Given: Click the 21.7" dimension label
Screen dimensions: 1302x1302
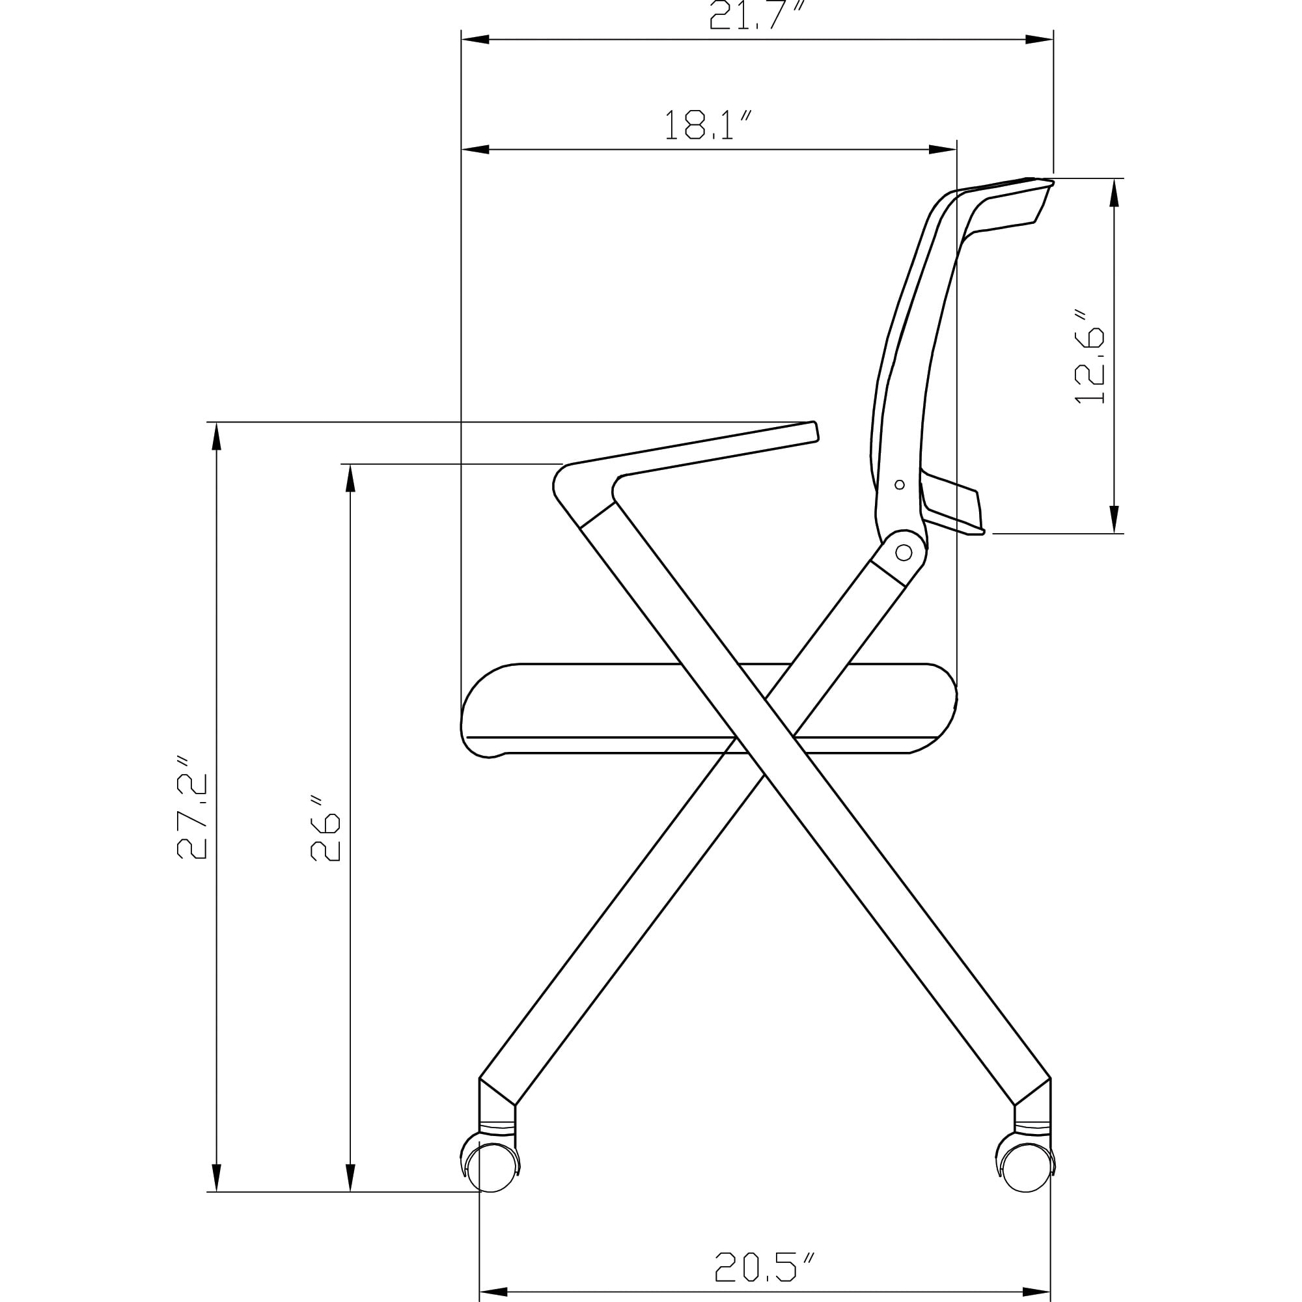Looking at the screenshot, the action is pos(758,15).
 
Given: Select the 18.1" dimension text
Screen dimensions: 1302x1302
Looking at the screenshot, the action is pos(708,125).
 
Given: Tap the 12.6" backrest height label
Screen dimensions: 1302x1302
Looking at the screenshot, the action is pos(1089,357).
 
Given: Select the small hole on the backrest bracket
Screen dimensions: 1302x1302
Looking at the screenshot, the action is pos(899,484).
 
